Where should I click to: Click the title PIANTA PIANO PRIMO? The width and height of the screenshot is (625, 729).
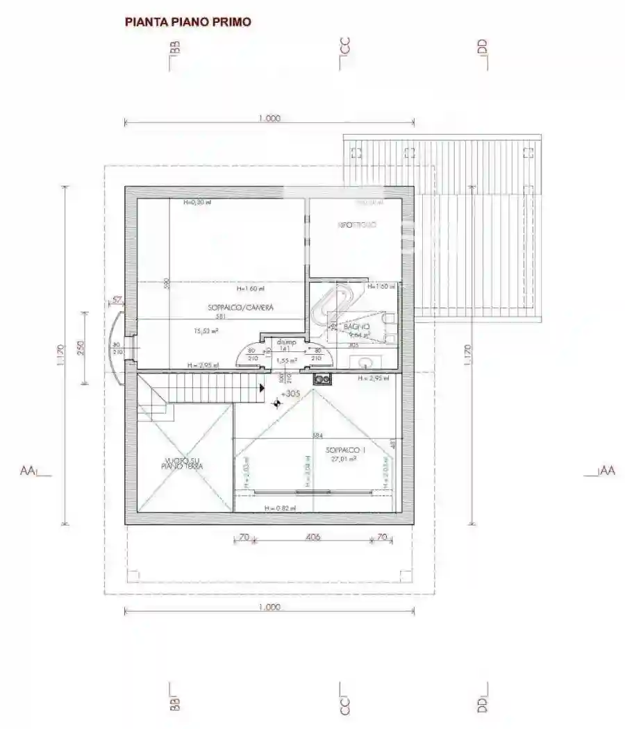pyautogui.click(x=187, y=22)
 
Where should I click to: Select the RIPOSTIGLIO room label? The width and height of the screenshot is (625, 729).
pyautogui.click(x=357, y=226)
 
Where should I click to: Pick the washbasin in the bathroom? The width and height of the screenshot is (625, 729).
pyautogui.click(x=367, y=362)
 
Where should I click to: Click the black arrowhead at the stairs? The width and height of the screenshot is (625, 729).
pyautogui.click(x=262, y=388)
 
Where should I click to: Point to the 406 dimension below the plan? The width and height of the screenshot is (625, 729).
pyautogui.click(x=313, y=537)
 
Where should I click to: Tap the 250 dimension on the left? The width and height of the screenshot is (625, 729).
pyautogui.click(x=81, y=347)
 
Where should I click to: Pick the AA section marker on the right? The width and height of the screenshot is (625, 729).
pyautogui.click(x=607, y=471)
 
